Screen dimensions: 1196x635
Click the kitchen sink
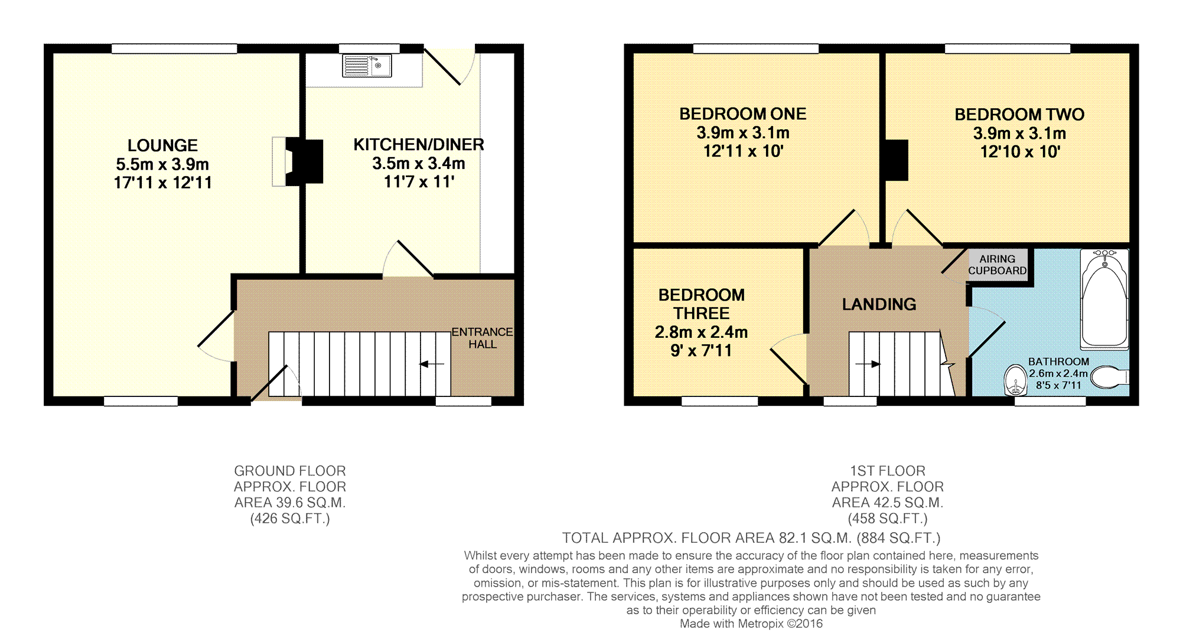click(367, 66)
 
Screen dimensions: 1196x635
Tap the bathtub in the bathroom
click(1104, 299)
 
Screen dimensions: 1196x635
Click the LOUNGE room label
click(162, 145)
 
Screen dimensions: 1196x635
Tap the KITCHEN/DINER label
click(419, 145)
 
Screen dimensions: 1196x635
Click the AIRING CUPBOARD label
click(998, 265)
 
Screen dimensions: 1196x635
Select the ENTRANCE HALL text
click(483, 338)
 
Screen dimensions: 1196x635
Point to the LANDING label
click(879, 304)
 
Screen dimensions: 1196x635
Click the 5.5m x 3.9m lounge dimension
click(162, 164)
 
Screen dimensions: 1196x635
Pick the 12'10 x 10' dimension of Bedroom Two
click(1020, 152)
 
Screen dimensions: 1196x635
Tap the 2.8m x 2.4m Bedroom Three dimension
click(701, 332)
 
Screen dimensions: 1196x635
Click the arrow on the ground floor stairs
click(432, 364)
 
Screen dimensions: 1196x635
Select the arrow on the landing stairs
click(868, 364)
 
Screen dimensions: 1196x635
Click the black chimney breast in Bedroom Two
click(897, 159)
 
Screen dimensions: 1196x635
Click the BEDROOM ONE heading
click(742, 114)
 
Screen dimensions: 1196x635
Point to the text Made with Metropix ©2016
click(751, 624)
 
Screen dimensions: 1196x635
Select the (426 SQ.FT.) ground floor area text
click(290, 519)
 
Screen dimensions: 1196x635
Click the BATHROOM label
click(1058, 362)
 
